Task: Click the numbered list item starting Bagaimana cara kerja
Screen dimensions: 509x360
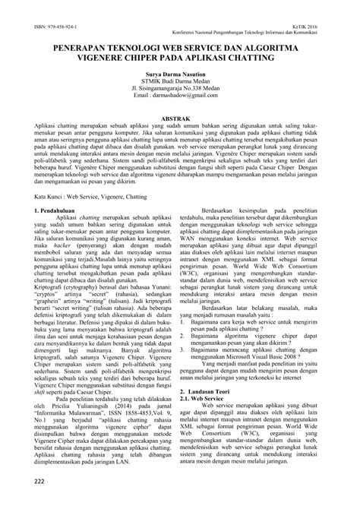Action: [258, 302]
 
